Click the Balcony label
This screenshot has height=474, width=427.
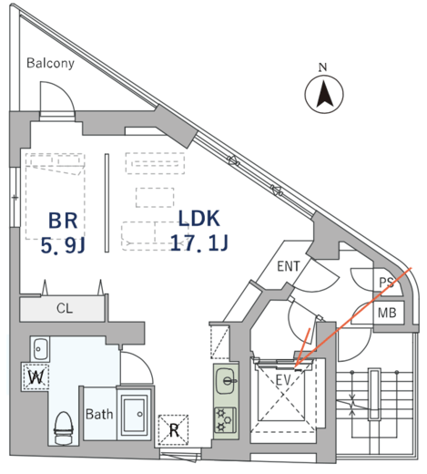[x=50, y=63]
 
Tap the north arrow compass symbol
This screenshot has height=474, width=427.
[x=324, y=95]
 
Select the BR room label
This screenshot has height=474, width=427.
[x=63, y=221]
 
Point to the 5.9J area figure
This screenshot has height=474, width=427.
[x=63, y=245]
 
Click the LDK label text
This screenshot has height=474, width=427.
[x=198, y=219]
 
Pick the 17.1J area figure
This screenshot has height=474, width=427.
[x=199, y=242]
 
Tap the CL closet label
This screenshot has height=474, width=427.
[x=65, y=309]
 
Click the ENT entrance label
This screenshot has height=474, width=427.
[x=289, y=266]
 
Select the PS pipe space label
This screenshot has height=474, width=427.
[x=386, y=283]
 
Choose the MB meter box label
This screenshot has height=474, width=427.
[x=387, y=313]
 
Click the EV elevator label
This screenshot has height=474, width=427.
[x=283, y=380]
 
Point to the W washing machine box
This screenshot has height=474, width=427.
[x=36, y=376]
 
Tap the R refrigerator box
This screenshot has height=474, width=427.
[x=173, y=430]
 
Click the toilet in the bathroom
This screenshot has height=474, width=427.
[x=64, y=428]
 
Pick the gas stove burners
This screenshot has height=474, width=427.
[x=226, y=420]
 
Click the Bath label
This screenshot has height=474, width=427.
[x=99, y=414]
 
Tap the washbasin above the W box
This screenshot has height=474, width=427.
[x=40, y=349]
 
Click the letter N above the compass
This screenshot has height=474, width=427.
[x=323, y=67]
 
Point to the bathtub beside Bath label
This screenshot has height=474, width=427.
[x=134, y=413]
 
